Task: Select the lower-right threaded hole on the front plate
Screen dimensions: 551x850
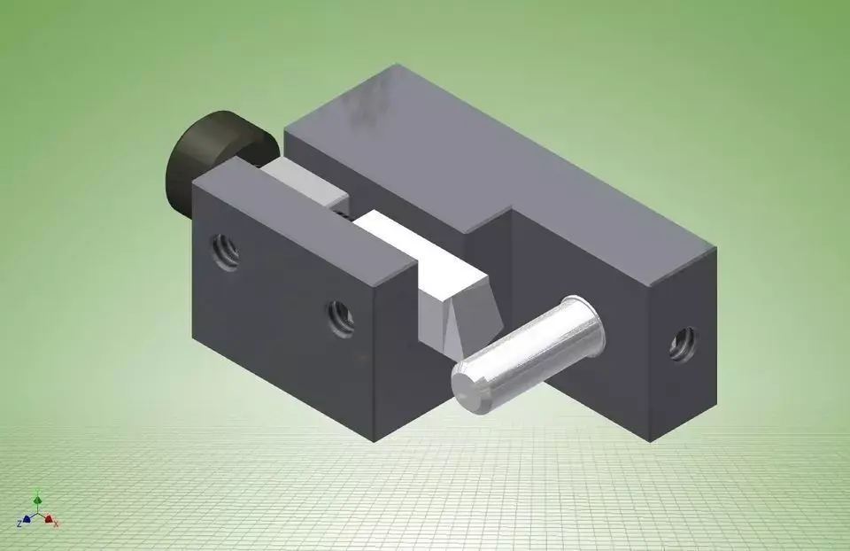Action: tap(340, 317)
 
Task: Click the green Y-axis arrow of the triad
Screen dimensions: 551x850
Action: tap(37, 501)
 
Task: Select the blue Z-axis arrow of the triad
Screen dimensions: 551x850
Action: tap(27, 519)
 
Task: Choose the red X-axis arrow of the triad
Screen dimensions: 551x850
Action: tap(49, 519)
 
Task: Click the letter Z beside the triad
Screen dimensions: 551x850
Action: tap(19, 524)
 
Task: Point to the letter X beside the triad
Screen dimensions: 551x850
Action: tap(58, 524)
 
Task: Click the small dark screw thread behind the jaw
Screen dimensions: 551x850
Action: tap(341, 211)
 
